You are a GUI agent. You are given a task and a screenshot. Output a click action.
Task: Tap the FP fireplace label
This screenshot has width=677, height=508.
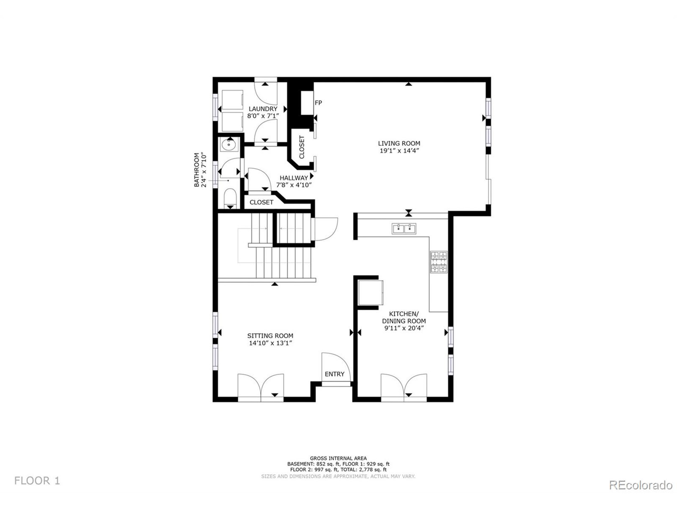pos(318,103)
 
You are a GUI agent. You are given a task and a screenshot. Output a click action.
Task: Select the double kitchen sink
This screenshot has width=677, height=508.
pos(404,228)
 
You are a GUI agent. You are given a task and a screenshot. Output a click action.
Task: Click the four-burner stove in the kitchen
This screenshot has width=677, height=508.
pos(439,262)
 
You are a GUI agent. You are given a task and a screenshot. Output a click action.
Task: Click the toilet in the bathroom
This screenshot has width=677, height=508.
pos(230,198)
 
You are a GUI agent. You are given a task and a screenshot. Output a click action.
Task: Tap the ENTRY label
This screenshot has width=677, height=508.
pos(335,374)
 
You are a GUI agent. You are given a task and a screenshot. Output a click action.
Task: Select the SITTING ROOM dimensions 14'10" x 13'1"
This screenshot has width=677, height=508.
pos(270,343)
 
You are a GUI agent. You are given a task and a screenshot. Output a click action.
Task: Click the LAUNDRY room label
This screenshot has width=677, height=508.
pos(263,109)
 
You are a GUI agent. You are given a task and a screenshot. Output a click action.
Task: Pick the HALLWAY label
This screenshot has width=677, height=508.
pos(294,178)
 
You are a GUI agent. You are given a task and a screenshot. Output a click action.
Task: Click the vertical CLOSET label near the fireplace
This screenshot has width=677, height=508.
pos(302,147)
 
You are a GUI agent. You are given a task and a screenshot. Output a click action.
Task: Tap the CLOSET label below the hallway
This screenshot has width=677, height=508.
pos(261,202)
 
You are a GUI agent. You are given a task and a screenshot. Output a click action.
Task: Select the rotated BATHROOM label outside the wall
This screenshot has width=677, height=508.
pos(196,170)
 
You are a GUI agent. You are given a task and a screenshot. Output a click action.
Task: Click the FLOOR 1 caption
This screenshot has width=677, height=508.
pos(37,480)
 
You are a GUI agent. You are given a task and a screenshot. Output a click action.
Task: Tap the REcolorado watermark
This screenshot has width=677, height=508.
pos(641,485)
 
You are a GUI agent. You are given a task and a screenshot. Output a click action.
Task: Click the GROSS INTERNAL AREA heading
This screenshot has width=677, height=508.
pos(338,459)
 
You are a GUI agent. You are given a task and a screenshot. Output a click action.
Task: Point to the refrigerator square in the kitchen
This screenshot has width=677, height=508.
pos(370,292)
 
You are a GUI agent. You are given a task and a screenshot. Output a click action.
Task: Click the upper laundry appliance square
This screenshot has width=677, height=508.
pos(232,99)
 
